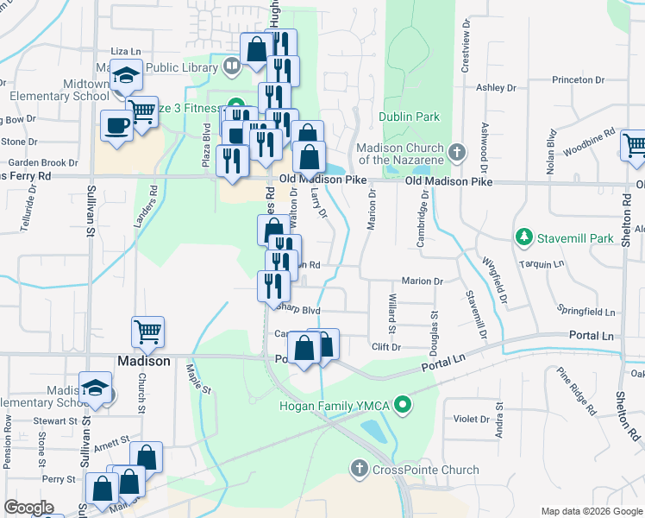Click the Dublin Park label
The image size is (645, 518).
[409, 117]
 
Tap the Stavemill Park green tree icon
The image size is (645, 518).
[523, 236]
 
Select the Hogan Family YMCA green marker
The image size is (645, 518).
[401, 404]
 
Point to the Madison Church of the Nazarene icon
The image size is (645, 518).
[457, 153]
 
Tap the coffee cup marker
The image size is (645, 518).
[116, 125]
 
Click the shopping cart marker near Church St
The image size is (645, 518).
[147, 332]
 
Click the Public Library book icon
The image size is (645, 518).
[231, 66]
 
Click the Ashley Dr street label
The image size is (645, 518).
[496, 88]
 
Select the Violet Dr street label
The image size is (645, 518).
[472, 419]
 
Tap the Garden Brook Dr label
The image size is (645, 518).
[42, 162]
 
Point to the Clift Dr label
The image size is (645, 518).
[386, 347]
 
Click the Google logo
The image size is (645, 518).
[28, 508]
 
